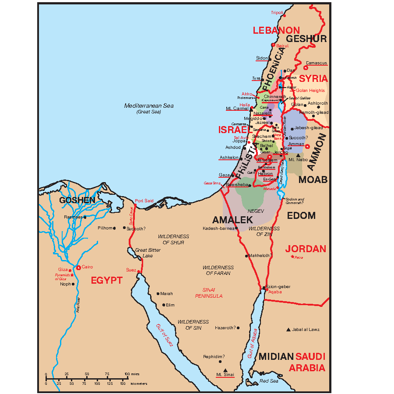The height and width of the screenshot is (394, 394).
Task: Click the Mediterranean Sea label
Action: click(x=149, y=106)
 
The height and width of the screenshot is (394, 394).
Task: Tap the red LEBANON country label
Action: click(x=276, y=31)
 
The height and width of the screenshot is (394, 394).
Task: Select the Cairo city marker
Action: click(x=78, y=267)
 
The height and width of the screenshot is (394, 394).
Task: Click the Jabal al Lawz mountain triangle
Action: click(x=288, y=329)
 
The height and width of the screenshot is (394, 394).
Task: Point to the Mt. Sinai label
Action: click(x=225, y=375)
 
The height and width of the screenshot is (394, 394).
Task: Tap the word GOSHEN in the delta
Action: click(x=77, y=200)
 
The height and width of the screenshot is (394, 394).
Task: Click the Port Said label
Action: click(x=144, y=201)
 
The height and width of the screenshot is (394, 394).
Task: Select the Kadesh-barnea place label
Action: click(x=218, y=228)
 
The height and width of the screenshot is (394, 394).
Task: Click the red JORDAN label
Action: click(x=306, y=249)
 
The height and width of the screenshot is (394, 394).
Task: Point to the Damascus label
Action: click(x=316, y=63)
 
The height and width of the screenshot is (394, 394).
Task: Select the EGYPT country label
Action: click(x=106, y=281)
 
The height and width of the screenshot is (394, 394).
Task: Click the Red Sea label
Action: click(x=268, y=381)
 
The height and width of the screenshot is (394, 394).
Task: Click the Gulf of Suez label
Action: click(x=165, y=335)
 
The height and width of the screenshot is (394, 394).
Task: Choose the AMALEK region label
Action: click(x=232, y=220)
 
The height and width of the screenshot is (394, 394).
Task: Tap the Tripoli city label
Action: click(x=277, y=13)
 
